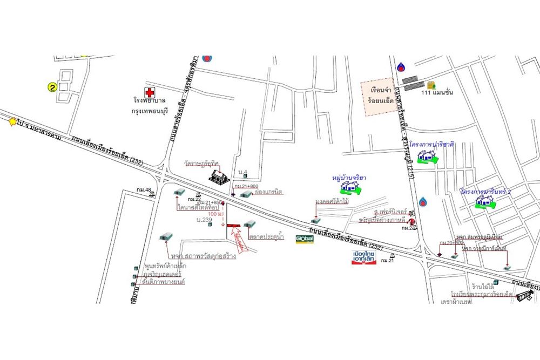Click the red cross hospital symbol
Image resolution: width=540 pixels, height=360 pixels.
click(x=148, y=93)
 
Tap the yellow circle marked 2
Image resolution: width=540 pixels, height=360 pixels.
click(x=52, y=86)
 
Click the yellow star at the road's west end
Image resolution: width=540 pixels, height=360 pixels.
click(x=12, y=123)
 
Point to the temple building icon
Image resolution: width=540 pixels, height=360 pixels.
click(x=219, y=176)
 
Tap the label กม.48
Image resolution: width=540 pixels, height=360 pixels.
click(x=144, y=189)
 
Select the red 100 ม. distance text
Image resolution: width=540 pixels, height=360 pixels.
click(x=216, y=214)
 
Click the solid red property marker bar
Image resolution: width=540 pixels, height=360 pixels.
click(x=234, y=225)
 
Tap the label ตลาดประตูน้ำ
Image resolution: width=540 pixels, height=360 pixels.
click(x=267, y=236)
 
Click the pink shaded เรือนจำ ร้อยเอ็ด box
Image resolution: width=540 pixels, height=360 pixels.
click(x=377, y=97)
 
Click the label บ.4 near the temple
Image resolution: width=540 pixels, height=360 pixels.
click(x=243, y=173)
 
